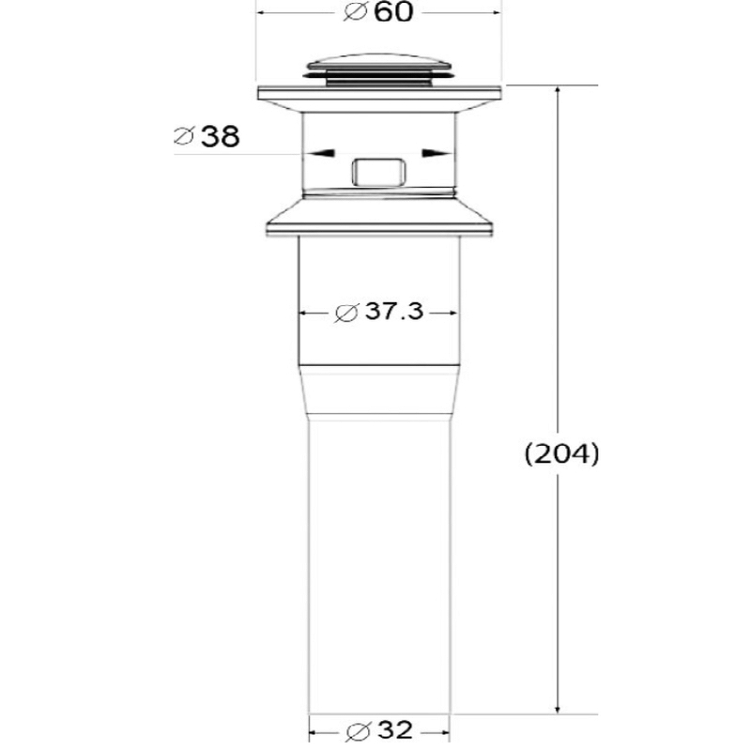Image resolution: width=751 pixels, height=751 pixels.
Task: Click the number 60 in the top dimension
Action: coord(392,12)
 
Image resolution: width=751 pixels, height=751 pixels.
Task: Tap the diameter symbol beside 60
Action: coord(356,12)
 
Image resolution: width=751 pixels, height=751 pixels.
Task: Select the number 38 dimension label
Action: coord(221,136)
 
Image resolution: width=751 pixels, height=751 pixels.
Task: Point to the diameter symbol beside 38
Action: coord(184,136)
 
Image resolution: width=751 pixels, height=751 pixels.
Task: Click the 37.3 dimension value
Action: coord(394,312)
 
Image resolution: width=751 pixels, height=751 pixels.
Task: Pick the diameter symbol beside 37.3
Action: coord(346,313)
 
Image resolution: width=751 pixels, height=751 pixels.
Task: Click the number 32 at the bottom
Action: coord(395,729)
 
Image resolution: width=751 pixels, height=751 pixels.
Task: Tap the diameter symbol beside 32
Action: coord(359,731)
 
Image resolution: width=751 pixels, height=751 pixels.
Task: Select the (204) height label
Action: coord(561,453)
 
